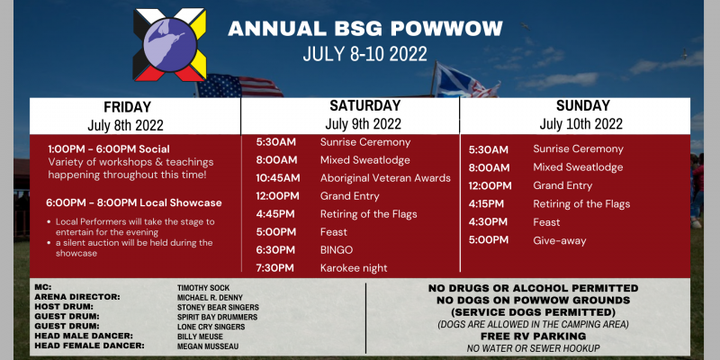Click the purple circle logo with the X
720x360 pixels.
pyautogui.click(x=169, y=44)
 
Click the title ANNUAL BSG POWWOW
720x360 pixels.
pyautogui.click(x=365, y=29)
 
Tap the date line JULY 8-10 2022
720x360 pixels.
pyautogui.click(x=365, y=54)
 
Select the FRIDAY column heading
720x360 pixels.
pyautogui.click(x=127, y=107)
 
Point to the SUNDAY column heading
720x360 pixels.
pyautogui.click(x=582, y=105)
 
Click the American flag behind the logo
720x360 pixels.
pyautogui.click(x=239, y=85)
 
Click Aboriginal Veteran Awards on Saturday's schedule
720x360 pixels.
pyautogui.click(x=385, y=178)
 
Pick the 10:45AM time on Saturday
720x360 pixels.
pyautogui.click(x=278, y=178)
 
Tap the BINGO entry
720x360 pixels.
pyautogui.click(x=337, y=250)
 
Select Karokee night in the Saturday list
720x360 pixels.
pyautogui.click(x=354, y=268)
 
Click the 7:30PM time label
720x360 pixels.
pyautogui.click(x=275, y=268)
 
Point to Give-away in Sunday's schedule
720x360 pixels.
pyautogui.click(x=559, y=240)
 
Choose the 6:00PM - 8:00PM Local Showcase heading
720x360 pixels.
pyautogui.click(x=134, y=202)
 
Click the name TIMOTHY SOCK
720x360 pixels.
pyautogui.click(x=203, y=288)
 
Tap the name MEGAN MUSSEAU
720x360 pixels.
pyautogui.click(x=208, y=346)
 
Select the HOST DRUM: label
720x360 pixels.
pyautogui.click(x=64, y=306)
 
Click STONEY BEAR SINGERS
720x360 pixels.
pyautogui.click(x=218, y=307)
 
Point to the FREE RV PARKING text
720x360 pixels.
pyautogui.click(x=533, y=336)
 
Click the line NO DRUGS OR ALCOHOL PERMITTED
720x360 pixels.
pyautogui.click(x=533, y=288)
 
